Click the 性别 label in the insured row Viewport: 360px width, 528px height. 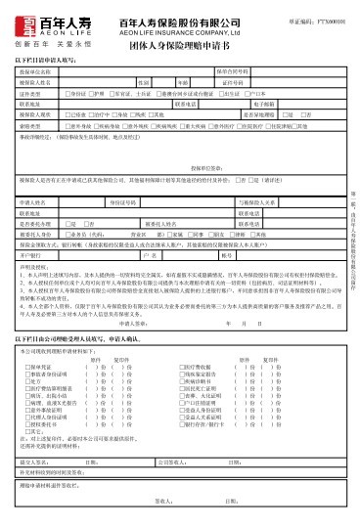(143, 82)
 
